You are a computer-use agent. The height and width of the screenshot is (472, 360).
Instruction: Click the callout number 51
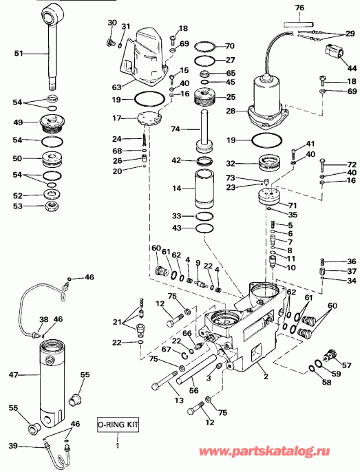(19, 52)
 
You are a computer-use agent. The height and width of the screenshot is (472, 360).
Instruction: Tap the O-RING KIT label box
(117, 425)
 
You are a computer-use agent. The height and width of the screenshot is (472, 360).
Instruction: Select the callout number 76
(299, 8)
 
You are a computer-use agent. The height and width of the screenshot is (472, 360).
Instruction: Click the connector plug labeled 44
(335, 51)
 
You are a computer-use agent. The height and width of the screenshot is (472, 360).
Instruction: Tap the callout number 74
(175, 129)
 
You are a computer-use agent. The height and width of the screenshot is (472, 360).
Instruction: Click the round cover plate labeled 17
(147, 116)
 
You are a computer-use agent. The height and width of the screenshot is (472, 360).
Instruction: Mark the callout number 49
(19, 124)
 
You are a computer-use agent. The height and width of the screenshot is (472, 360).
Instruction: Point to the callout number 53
(19, 206)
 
